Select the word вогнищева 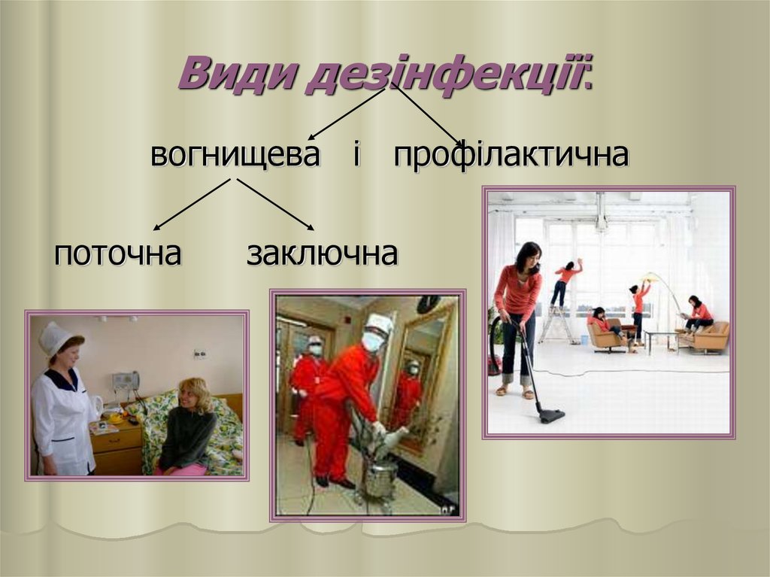click(235, 156)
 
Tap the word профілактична click(511, 156)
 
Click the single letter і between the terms click(356, 156)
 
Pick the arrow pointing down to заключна click(275, 204)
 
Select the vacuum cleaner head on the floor click(550, 414)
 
